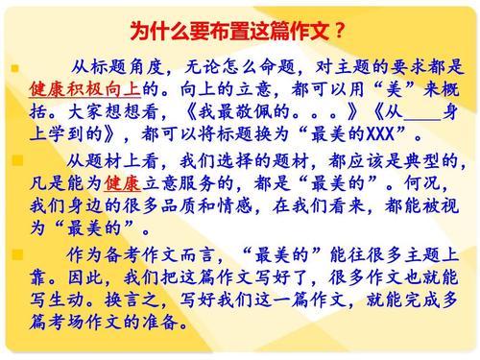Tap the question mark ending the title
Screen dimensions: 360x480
(x=341, y=28)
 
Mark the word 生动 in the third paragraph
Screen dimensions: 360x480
(x=60, y=300)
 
